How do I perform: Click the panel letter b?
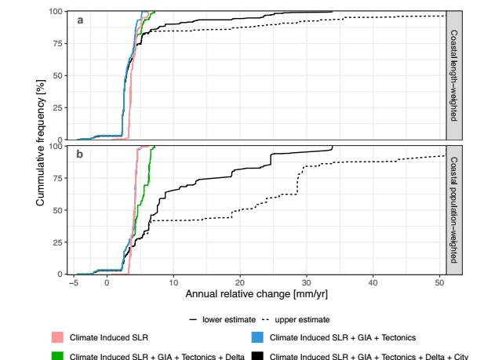point(80,155)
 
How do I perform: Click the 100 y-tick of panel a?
point(60,12)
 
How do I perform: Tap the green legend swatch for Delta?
point(54,354)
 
